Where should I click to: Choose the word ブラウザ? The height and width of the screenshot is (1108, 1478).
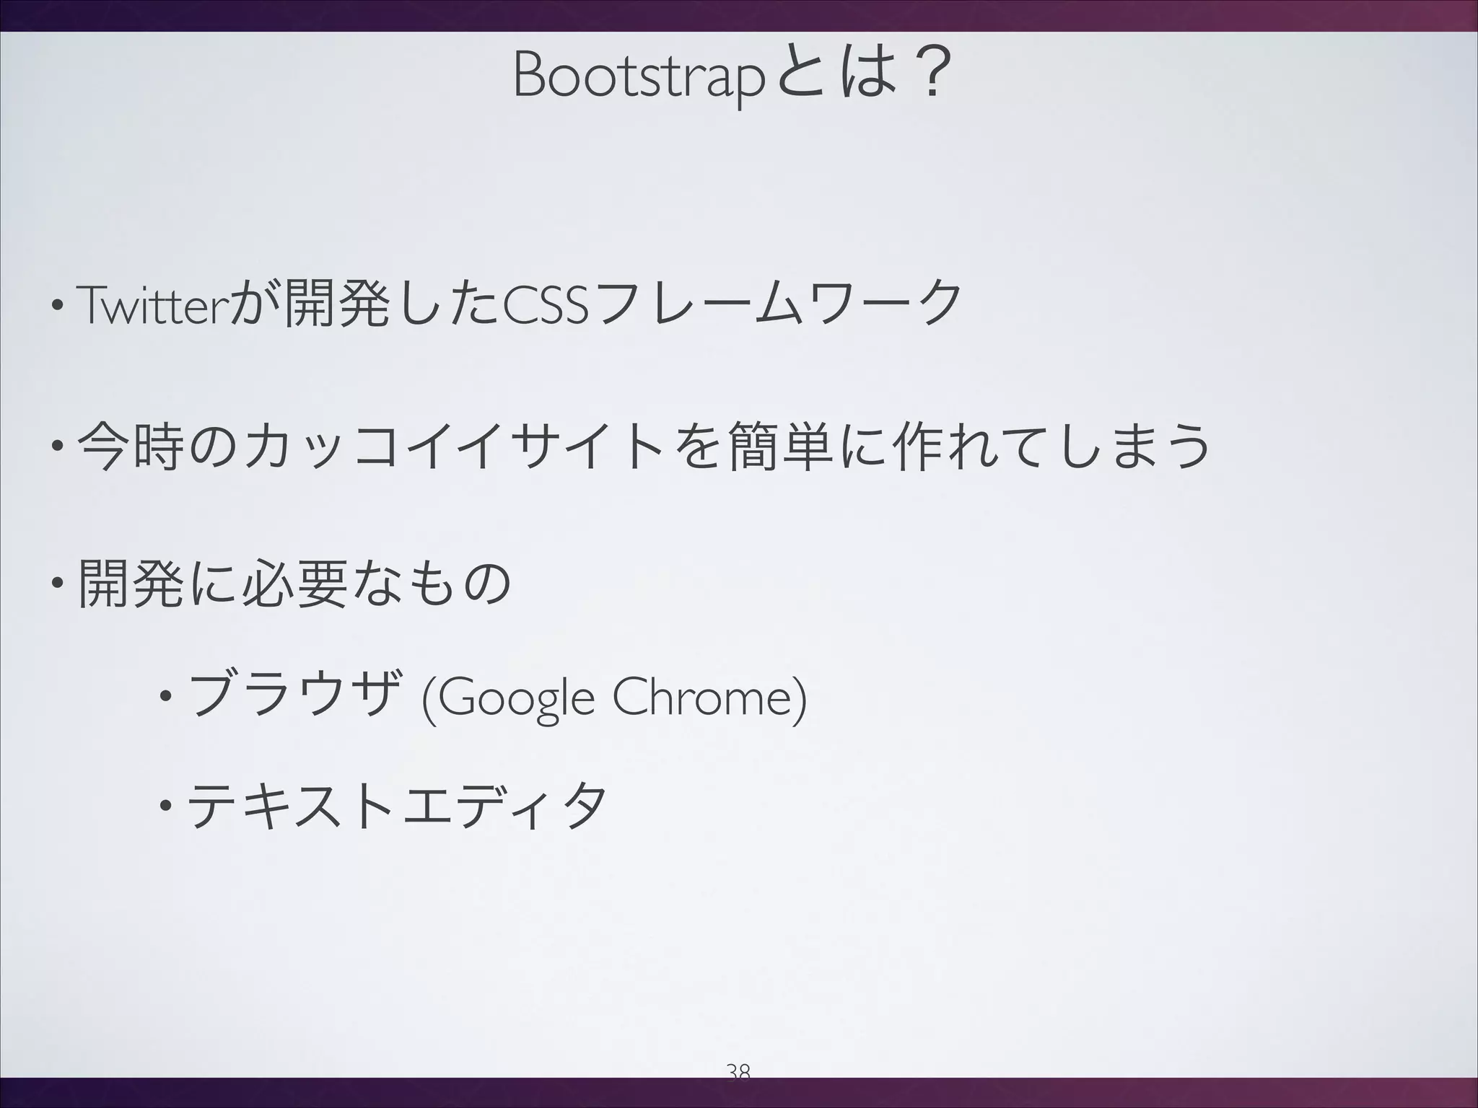pos(292,698)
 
